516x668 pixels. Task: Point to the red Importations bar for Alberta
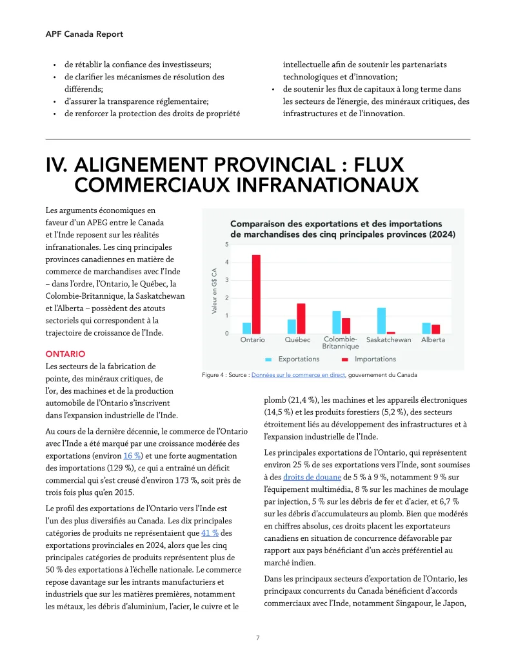point(436,329)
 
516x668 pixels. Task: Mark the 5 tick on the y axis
point(226,245)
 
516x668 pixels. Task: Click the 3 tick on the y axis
point(226,280)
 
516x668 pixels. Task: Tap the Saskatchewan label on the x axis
point(388,340)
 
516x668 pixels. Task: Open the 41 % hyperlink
point(210,532)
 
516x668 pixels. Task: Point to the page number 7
point(257,638)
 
